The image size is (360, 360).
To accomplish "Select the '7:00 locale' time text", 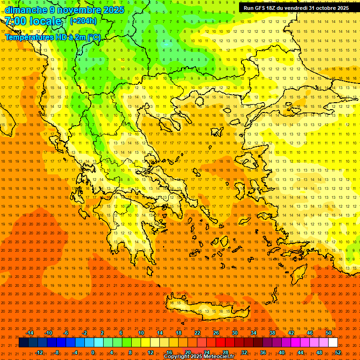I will (x=33, y=21).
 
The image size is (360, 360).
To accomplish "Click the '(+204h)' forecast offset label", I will (x=83, y=21).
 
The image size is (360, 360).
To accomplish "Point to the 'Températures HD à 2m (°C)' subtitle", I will (x=53, y=37).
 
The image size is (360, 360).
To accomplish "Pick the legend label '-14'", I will (x=30, y=333).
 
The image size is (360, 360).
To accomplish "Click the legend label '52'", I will (x=338, y=352).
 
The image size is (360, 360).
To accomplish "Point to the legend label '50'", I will (x=329, y=333).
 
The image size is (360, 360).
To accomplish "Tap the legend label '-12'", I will (x=39, y=352).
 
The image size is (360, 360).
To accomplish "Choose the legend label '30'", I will (x=235, y=333).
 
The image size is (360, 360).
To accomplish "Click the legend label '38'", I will (x=272, y=333).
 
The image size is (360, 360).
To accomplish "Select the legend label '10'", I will (x=141, y=333).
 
